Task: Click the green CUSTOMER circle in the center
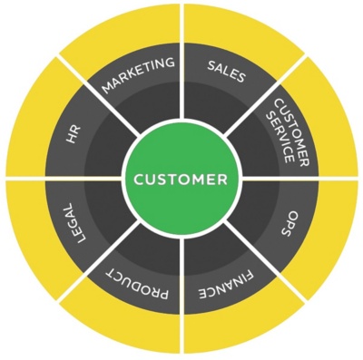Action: (181, 180)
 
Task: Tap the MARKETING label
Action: (138, 76)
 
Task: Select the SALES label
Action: (226, 72)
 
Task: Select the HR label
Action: (74, 135)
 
